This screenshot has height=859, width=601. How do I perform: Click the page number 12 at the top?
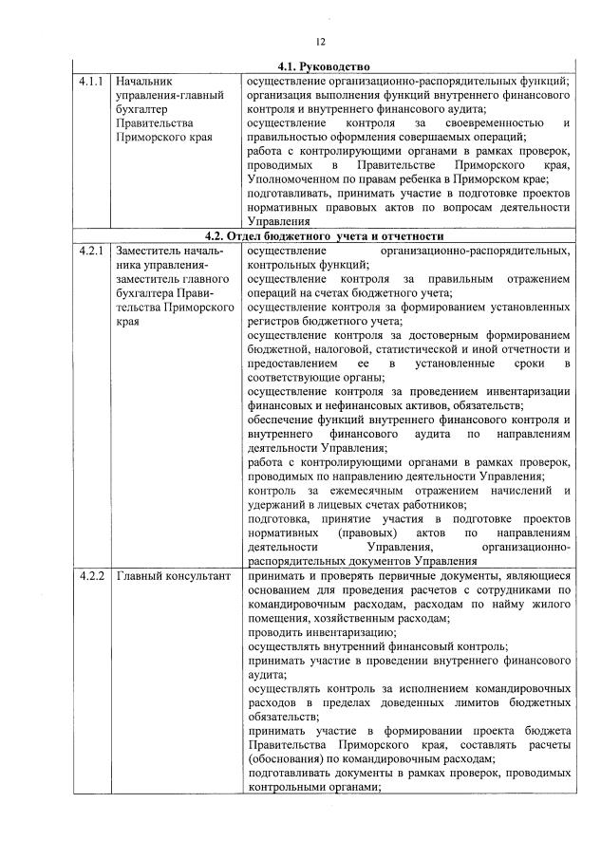[321, 41]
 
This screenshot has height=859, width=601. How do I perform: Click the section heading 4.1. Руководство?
[323, 67]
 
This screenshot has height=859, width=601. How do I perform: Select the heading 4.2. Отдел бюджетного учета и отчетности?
[323, 234]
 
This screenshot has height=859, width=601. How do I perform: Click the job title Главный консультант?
[167, 576]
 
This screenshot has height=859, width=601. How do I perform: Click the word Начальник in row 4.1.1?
[143, 81]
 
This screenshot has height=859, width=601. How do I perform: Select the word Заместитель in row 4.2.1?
[152, 251]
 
